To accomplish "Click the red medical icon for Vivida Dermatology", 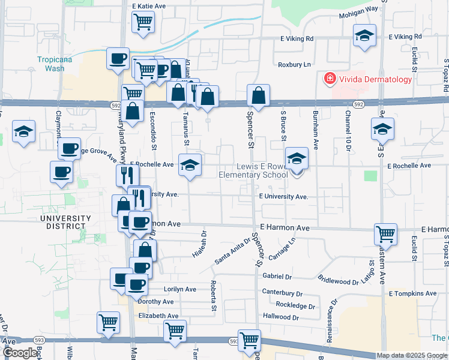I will point(329,79).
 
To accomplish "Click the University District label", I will point(65,222).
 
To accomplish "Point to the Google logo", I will point(19,353).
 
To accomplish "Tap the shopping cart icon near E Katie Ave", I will point(143,22).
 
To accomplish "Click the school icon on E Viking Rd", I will point(364,35).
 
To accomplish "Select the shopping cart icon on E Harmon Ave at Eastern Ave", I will point(385,233).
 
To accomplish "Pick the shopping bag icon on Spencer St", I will point(258,95).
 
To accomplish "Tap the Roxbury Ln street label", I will point(294,64).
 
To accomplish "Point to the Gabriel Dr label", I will point(277,277).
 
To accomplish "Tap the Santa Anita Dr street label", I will point(231,251).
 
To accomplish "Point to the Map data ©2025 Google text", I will point(411,355).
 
